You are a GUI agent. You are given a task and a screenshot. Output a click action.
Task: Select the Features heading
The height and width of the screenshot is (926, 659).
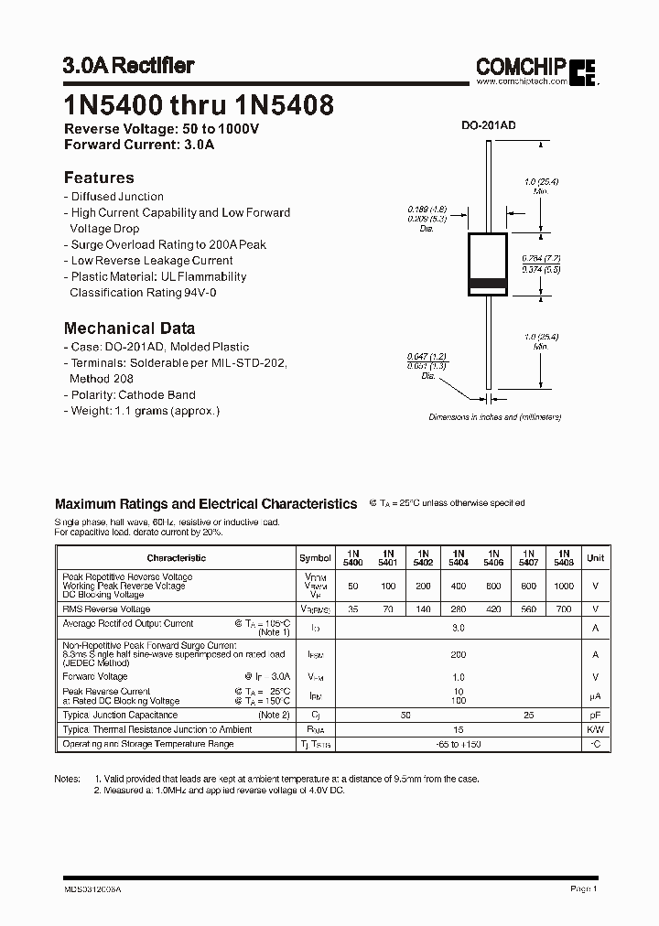(99, 178)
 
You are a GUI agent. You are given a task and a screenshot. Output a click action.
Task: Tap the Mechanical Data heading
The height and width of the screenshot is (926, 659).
(129, 328)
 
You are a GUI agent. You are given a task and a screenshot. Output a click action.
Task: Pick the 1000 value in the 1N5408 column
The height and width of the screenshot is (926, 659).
(564, 586)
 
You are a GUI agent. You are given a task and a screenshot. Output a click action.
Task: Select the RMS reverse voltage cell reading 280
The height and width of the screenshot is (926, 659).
(458, 608)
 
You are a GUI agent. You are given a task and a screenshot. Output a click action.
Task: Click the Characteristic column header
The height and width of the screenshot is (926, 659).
(176, 558)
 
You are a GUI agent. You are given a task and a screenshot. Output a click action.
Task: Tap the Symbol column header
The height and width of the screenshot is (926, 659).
(315, 558)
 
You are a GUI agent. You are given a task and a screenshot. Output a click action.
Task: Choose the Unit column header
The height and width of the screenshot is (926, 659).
(595, 558)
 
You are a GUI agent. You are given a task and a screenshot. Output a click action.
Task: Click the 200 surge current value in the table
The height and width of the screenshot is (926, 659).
(458, 655)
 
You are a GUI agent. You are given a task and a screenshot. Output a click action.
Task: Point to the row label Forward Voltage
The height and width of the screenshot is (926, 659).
(95, 677)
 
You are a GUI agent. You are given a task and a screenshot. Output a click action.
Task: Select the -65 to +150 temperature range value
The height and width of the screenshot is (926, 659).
(458, 745)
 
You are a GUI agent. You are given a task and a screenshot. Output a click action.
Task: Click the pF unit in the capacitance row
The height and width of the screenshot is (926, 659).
(595, 715)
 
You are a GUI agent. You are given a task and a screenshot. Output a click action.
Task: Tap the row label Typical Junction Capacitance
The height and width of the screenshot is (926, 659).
(120, 715)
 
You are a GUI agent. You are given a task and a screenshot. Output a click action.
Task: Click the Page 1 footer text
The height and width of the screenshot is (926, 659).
(583, 888)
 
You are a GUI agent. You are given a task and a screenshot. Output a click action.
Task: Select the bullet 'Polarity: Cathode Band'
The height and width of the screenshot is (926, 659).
(132, 394)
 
